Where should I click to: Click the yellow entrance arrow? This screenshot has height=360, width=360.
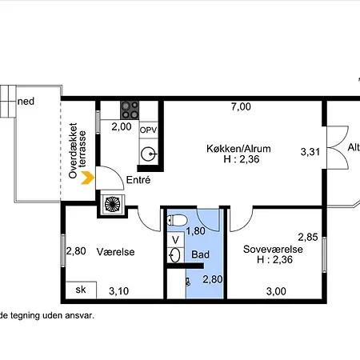tap(89, 178)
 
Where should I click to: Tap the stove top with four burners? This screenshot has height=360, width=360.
tap(130, 110)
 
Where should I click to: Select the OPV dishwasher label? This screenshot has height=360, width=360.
tap(149, 130)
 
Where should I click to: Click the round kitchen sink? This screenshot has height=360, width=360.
tap(148, 154)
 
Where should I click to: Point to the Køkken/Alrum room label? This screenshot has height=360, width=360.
tap(238, 149)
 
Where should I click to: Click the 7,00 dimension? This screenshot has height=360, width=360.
tap(241, 106)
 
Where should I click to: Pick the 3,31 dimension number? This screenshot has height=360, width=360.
tap(310, 152)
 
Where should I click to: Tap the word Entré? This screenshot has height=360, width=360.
tap(138, 180)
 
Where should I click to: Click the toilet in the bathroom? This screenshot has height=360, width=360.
tap(178, 221)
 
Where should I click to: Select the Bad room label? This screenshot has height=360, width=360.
tap(200, 254)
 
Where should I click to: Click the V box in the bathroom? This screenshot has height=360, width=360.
tap(175, 240)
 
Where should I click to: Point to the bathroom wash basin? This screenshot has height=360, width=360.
tap(175, 255)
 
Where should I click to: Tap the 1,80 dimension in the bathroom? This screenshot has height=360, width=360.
tap(196, 231)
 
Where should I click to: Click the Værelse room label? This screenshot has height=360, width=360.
tap(115, 252)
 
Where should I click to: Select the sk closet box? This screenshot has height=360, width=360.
tap(81, 290)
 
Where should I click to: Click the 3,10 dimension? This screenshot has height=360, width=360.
tap(119, 291)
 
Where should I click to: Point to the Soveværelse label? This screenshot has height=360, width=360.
tap(273, 250)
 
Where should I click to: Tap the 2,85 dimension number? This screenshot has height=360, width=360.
tap(308, 237)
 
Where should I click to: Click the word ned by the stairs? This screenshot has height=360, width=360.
tap(26, 102)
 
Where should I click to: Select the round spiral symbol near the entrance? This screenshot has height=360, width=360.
tap(112, 204)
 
